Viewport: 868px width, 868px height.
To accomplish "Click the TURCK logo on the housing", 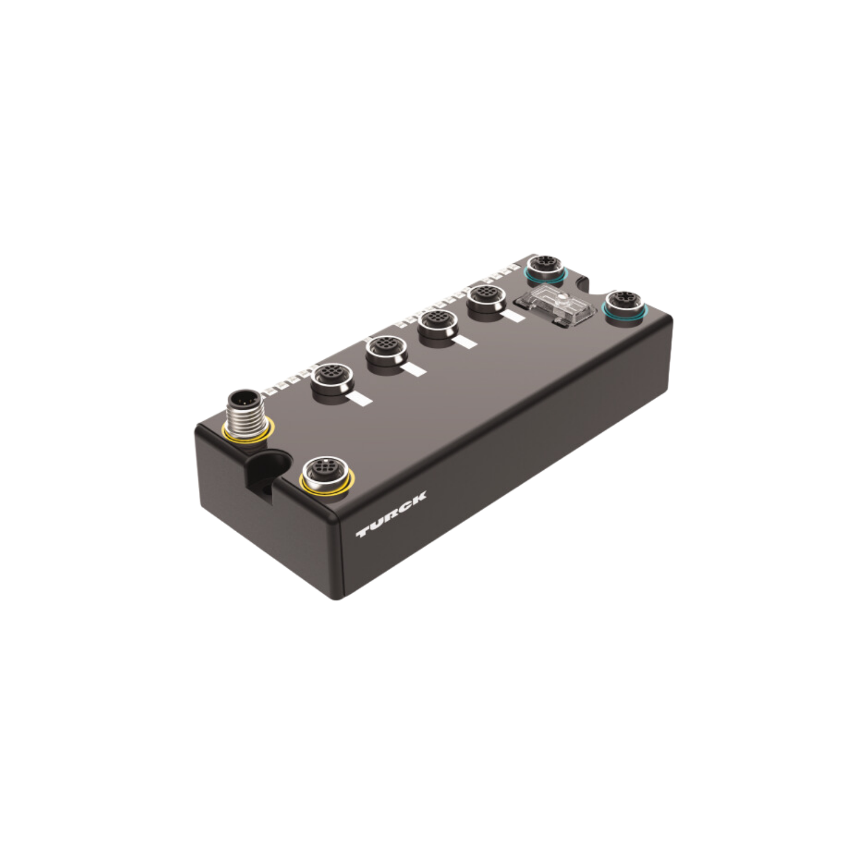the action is pyautogui.click(x=391, y=514).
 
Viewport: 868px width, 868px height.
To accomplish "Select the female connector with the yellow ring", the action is pyautogui.click(x=326, y=475).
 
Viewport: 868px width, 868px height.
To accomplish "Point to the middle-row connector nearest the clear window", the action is pyautogui.click(x=487, y=301).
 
